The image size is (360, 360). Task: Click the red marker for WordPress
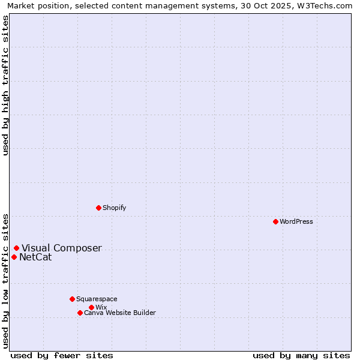pyautogui.click(x=275, y=221)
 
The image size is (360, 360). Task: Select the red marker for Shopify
pyautogui.click(x=98, y=208)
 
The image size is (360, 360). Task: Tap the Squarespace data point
pyautogui.click(x=72, y=299)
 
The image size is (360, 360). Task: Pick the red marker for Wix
pyautogui.click(x=91, y=307)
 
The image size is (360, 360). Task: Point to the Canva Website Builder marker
pyautogui.click(x=80, y=313)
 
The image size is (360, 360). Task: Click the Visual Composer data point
pyautogui.click(x=16, y=248)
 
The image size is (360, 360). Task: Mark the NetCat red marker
pyautogui.click(x=14, y=257)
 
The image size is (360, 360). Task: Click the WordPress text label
pyautogui.click(x=296, y=221)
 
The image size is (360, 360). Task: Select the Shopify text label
pyautogui.click(x=115, y=208)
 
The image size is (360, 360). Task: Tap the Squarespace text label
pyautogui.click(x=97, y=299)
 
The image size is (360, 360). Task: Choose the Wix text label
pyautogui.click(x=101, y=307)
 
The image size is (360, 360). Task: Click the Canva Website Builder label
pyautogui.click(x=120, y=313)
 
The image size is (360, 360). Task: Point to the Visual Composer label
pyautogui.click(x=62, y=248)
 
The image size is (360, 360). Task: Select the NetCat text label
pyautogui.click(x=35, y=257)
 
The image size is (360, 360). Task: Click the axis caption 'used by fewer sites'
pyautogui.click(x=62, y=355)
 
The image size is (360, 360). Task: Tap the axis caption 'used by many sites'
pyautogui.click(x=301, y=355)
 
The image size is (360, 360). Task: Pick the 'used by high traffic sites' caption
pyautogui.click(x=5, y=85)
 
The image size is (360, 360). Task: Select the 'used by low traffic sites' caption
pyautogui.click(x=5, y=280)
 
